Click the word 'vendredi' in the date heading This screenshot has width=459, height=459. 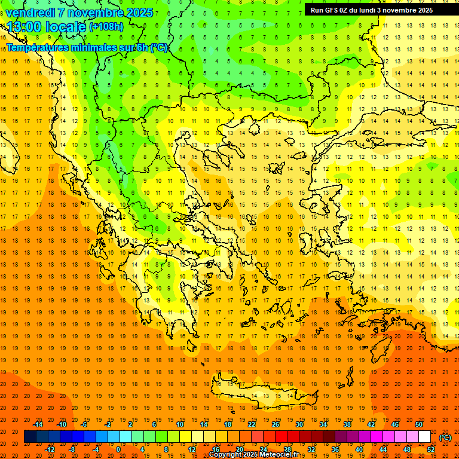(30, 13)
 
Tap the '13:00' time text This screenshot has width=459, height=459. (25, 27)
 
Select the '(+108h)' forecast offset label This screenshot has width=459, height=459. (106, 27)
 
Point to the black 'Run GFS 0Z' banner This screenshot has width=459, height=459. (376, 10)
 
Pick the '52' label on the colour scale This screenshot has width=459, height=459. (431, 449)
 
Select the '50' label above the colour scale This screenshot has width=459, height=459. (419, 424)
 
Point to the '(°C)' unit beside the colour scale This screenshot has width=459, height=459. (445, 437)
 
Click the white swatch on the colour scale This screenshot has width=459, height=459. (425, 437)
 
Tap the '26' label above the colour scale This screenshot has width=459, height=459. (276, 424)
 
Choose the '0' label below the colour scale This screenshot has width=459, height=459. (118, 449)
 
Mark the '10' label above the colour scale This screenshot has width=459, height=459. (180, 424)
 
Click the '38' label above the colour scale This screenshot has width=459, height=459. (347, 424)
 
